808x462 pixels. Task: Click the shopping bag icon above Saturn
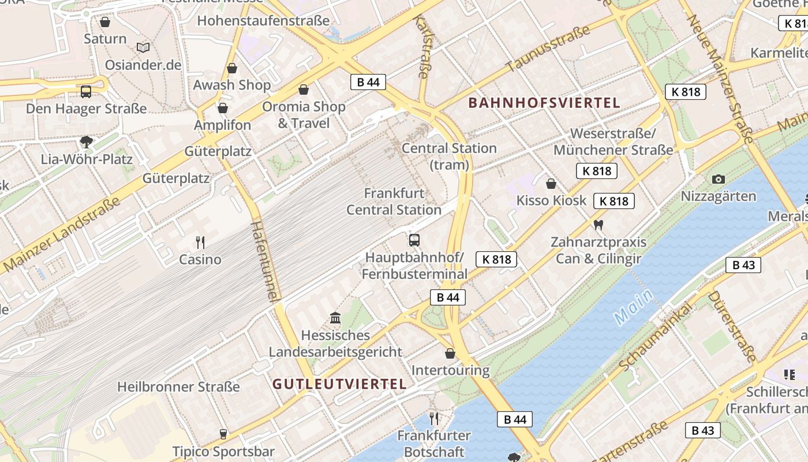(105, 23)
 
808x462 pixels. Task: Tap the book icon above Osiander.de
(143, 47)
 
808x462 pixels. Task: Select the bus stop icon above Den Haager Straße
(86, 91)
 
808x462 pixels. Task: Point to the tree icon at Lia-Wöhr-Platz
(87, 141)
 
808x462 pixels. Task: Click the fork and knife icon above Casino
(200, 242)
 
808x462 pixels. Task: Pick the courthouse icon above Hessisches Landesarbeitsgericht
(335, 318)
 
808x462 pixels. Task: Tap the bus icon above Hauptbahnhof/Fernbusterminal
(414, 240)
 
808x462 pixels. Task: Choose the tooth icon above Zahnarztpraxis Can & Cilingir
(598, 225)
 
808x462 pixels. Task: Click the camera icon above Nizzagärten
(719, 179)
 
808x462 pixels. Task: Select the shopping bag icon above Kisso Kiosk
(551, 184)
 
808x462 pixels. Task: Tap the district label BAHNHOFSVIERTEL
(544, 103)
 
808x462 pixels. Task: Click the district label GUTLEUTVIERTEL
(339, 384)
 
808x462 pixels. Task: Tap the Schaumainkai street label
(654, 338)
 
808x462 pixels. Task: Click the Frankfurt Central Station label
(394, 201)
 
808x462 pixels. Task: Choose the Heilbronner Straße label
(178, 386)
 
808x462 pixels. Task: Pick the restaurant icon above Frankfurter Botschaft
(434, 418)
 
